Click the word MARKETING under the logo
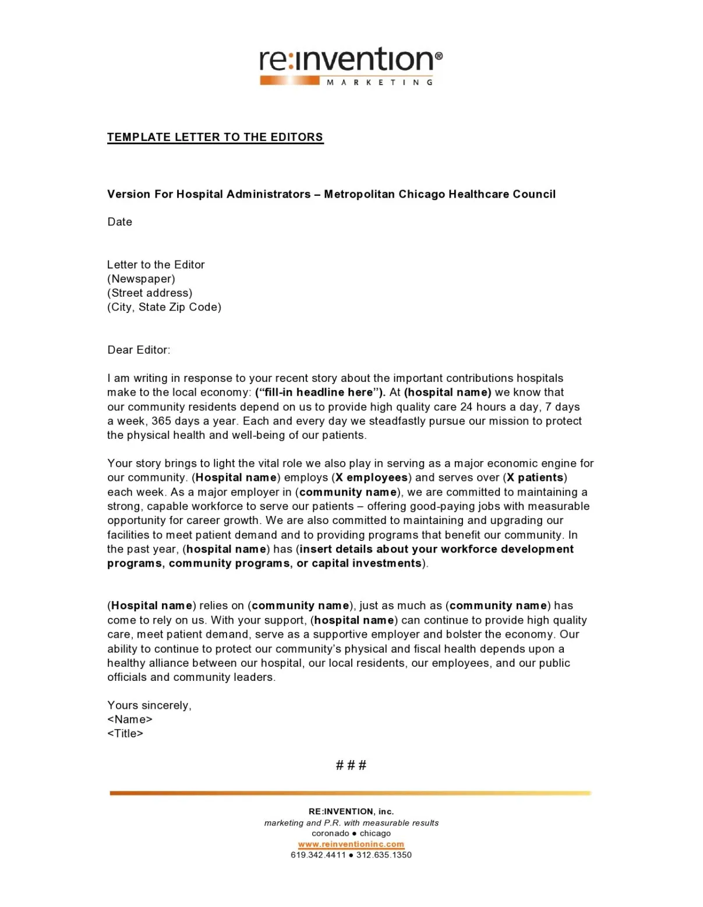(380, 82)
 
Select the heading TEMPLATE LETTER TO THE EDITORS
(215, 137)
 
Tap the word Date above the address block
(119, 222)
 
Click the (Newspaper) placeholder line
(141, 279)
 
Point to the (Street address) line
(150, 293)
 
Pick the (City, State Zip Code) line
(164, 307)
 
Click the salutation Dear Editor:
(139, 350)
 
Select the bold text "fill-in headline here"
(320, 392)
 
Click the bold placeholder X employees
(372, 477)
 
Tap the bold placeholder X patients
(535, 477)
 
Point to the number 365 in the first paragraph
(161, 421)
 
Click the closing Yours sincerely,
(149, 705)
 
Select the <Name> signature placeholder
(130, 719)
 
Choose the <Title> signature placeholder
(125, 733)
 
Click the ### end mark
(351, 765)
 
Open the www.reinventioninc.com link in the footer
(351, 844)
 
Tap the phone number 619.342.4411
(318, 855)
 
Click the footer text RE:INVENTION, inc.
(351, 811)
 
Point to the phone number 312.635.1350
(384, 855)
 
